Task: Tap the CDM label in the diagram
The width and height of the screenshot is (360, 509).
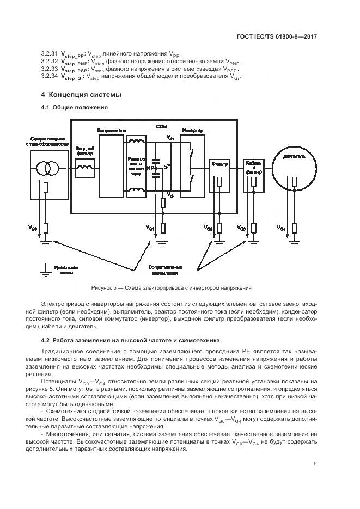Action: pos(161,126)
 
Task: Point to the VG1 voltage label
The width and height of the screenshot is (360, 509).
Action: pos(151,227)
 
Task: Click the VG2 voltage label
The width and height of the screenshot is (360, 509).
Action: pos(209,227)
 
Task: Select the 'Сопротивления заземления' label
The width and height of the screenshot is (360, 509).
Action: pos(166,271)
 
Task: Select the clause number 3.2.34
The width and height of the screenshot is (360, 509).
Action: pos(50,76)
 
